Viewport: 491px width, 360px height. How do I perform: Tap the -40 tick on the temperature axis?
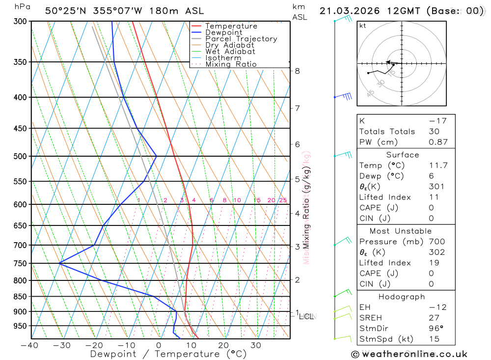pyautogui.click(x=29, y=345)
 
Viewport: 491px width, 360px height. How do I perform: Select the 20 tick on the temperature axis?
pyautogui.click(x=223, y=345)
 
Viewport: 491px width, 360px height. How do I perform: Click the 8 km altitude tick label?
pyautogui.click(x=297, y=71)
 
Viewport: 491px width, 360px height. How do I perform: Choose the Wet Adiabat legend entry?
pyautogui.click(x=230, y=52)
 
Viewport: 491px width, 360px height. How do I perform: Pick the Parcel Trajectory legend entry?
pyautogui.click(x=241, y=39)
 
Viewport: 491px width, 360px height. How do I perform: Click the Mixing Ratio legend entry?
pyautogui.click(x=231, y=64)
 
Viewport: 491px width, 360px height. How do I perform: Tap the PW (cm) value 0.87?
pyautogui.click(x=438, y=142)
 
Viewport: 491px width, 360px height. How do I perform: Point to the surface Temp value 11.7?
pyautogui.click(x=438, y=166)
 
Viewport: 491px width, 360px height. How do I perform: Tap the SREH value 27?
pyautogui.click(x=433, y=318)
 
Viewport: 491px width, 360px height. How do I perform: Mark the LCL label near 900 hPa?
pyautogui.click(x=306, y=316)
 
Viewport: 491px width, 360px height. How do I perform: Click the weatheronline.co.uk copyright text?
pyautogui.click(x=409, y=354)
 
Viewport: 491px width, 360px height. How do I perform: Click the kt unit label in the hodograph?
pyautogui.click(x=363, y=26)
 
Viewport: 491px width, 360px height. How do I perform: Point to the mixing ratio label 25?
pyautogui.click(x=283, y=200)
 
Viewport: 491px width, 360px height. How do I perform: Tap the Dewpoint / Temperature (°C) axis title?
pyautogui.click(x=168, y=354)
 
